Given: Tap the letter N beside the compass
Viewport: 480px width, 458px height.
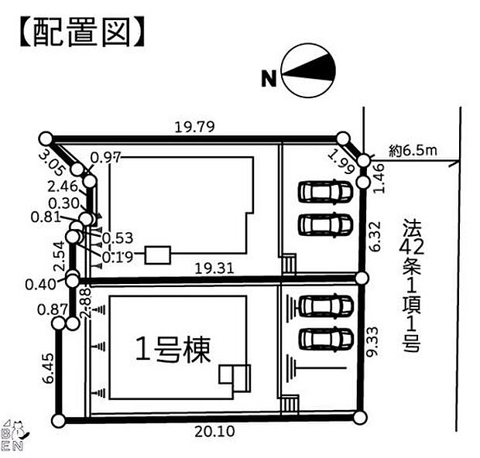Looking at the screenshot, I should coord(269,77).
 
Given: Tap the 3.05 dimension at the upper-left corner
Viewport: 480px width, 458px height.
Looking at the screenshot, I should coord(57,161).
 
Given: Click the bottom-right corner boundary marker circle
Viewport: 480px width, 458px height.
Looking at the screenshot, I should coord(359,418).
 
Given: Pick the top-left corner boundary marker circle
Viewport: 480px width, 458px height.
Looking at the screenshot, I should coord(46,138).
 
